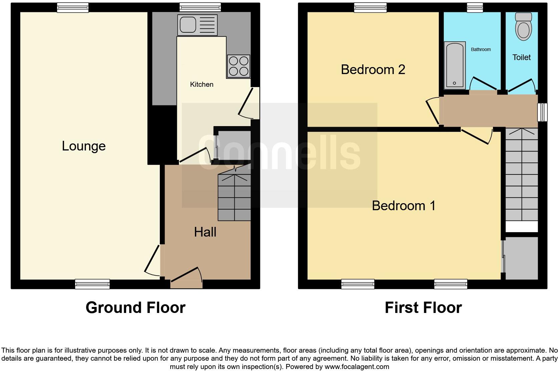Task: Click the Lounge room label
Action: [84, 146]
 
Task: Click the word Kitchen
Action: [202, 84]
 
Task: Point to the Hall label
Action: [205, 232]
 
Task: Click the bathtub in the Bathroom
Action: [455, 65]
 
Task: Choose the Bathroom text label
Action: [481, 49]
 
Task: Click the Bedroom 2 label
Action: [373, 70]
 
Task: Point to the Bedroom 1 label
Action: [403, 206]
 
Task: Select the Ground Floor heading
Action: [135, 308]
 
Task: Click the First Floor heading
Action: [423, 308]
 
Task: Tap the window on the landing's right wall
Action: [543, 112]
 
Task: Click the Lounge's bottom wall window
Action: [92, 284]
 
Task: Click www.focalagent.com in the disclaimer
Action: [356, 367]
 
